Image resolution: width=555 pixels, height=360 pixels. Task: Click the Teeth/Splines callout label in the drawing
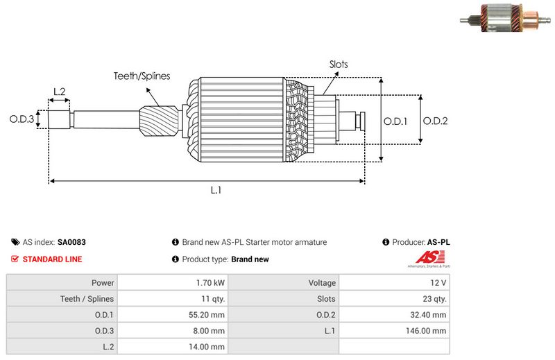point(142,76)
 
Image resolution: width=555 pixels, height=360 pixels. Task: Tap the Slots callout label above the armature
point(339,65)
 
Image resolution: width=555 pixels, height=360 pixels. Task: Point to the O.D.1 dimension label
point(395,121)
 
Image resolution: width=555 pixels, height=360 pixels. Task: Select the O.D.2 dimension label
point(435,121)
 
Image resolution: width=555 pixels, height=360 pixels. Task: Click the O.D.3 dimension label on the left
point(22,119)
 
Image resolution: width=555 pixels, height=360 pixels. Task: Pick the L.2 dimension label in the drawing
point(59,92)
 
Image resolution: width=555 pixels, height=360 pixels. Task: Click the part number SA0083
point(71,243)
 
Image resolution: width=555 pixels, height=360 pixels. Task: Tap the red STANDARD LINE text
point(52,259)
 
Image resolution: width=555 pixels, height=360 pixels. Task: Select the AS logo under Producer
point(427,261)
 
